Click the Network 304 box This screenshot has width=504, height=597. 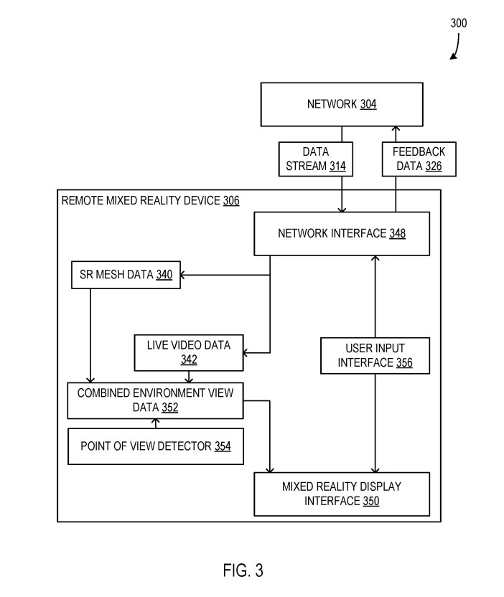342,105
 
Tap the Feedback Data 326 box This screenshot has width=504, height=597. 419,159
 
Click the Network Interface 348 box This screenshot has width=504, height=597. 341,233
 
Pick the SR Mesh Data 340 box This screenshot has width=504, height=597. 126,275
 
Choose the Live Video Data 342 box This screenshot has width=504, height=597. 189,352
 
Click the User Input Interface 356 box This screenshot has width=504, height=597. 375,355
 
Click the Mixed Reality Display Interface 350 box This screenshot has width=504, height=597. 342,494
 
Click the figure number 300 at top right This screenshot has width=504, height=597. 458,23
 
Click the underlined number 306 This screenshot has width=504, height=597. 231,201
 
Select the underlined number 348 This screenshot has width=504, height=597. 397,233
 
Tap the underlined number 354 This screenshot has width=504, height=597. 223,446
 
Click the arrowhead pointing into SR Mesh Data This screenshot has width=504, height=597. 185,275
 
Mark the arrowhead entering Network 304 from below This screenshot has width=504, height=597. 394,128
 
